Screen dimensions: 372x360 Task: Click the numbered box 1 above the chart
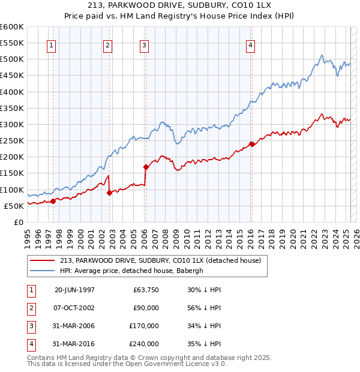click(51, 45)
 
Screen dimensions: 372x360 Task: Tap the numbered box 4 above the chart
click(250, 45)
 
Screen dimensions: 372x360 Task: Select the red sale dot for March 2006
click(146, 167)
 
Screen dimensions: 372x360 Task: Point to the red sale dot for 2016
click(252, 144)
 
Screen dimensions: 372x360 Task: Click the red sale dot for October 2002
click(109, 193)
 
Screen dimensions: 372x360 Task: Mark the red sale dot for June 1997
click(53, 201)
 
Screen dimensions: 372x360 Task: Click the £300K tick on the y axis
click(12, 124)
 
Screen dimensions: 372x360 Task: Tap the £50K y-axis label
click(14, 206)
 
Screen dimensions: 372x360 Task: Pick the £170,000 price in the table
click(144, 326)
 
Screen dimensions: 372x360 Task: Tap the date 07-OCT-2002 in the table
click(74, 308)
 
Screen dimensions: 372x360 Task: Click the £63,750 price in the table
click(146, 290)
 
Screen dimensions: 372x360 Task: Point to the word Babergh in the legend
click(205, 271)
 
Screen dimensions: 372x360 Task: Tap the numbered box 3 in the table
click(31, 326)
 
